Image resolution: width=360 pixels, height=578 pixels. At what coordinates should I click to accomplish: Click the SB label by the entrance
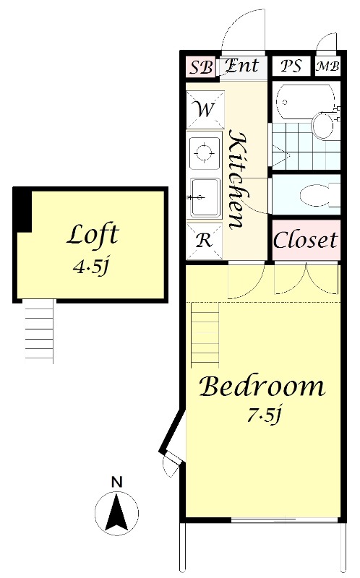coord(201,67)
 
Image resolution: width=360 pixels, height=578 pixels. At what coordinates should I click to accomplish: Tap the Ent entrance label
coord(242,66)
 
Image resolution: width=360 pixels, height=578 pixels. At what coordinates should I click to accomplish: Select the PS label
coord(291,66)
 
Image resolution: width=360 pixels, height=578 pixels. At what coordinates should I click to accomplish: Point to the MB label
coord(327,66)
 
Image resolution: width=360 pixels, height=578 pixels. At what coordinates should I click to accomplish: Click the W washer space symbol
coord(205,110)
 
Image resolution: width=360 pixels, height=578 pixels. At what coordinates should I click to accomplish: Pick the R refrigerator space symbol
coord(205,241)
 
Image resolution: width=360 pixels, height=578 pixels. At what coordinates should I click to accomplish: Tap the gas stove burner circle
coord(203,152)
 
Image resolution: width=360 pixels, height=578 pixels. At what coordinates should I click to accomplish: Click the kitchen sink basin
coord(205,197)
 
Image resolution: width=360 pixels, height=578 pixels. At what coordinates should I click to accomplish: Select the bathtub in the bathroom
coord(305,101)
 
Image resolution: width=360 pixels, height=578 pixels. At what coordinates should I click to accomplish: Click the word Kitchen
coord(237,179)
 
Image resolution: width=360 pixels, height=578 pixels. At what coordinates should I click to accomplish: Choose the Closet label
coord(305,240)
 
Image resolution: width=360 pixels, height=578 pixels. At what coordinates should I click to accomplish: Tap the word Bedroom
coord(262,387)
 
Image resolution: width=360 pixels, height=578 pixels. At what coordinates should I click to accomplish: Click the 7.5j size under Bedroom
coord(264,415)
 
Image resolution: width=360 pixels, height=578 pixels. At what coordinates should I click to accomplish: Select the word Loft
coord(93,234)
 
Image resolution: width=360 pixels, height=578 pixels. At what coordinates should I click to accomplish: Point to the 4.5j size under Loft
coord(91,266)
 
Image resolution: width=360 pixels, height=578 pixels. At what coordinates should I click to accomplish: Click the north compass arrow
coord(116,513)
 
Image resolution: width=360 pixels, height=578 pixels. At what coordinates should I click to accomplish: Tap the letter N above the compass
coord(116,482)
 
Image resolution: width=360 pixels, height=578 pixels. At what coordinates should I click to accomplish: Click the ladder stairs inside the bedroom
coord(205,335)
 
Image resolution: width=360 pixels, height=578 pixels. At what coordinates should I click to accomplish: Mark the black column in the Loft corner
coord(22,210)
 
